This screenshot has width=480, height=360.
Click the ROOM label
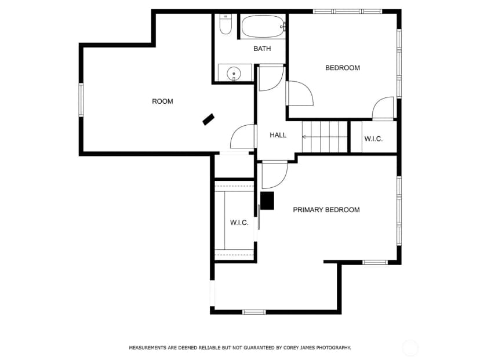pos(162,101)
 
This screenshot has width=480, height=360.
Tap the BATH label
pos(263,49)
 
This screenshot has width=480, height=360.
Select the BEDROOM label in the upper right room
pos(343,68)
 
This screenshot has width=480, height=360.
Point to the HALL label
pos(278,135)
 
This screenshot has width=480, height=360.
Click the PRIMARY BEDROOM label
pos(326,210)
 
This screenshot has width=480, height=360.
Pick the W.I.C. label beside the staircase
pos(373,139)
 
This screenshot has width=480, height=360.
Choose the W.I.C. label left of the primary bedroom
pos(239,223)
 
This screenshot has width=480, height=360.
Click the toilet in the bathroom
pos(226,24)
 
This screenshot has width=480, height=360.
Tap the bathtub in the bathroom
pos(263,27)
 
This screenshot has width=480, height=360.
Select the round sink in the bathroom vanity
pos(234,74)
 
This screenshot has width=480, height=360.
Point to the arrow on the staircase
pos(325,137)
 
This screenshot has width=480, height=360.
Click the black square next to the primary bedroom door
pos(267,201)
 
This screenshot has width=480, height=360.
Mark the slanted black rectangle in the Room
pos(209,119)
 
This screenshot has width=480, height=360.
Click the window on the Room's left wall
pos(81,100)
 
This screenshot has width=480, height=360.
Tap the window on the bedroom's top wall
pos(347,12)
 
